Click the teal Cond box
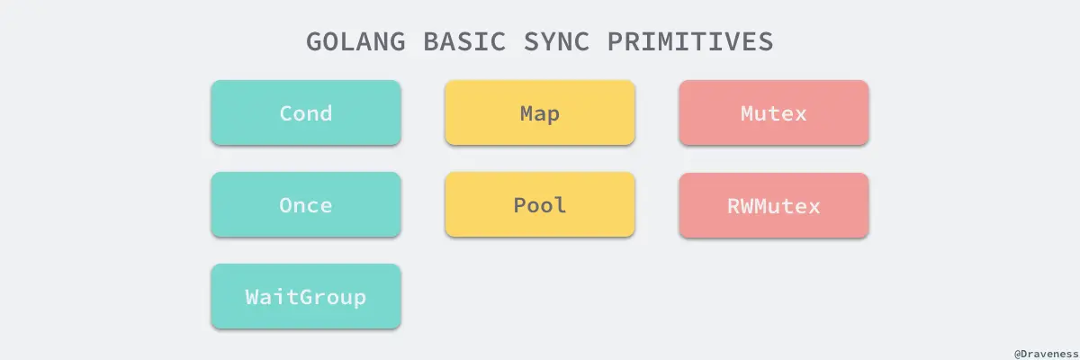pos(305,112)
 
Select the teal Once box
pos(305,204)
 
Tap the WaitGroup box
pos(305,296)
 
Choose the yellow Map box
pos(540,112)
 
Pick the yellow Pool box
pos(540,204)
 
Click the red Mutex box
pos(774,112)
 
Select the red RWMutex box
pos(774,205)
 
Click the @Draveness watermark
pos(1043,352)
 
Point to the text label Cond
pos(305,113)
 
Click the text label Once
pos(305,205)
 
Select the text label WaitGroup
pos(305,297)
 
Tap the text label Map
pos(540,113)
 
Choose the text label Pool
pos(540,205)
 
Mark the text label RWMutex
pos(774,206)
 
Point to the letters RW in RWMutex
pos(741,206)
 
